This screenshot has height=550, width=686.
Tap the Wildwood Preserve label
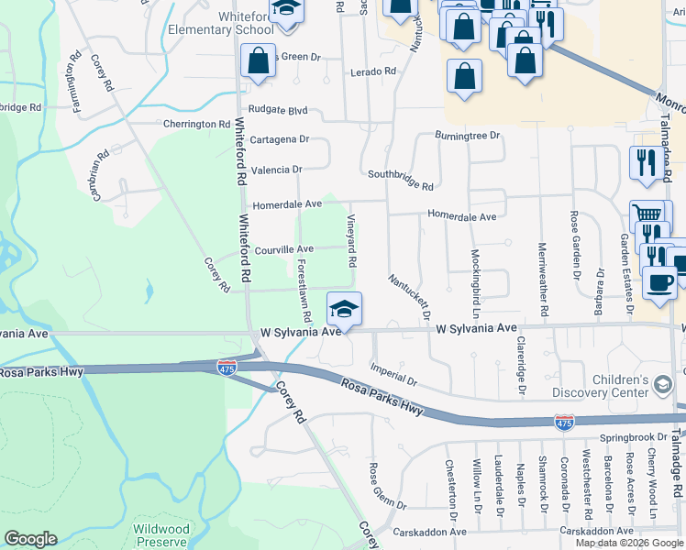coord(161,534)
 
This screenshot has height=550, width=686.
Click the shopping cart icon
coord(648,214)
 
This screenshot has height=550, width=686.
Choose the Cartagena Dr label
coord(280,140)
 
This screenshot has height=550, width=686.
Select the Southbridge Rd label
coord(400,179)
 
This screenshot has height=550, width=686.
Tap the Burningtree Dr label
coord(468,136)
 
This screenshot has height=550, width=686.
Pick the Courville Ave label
coord(284,248)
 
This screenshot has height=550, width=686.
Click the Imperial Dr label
coord(393,373)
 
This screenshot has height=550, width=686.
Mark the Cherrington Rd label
coord(196,124)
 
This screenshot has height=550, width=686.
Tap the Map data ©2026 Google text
coord(628,543)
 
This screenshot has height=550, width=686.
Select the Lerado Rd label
coord(373,71)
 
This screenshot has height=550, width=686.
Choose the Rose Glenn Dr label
coord(387,485)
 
